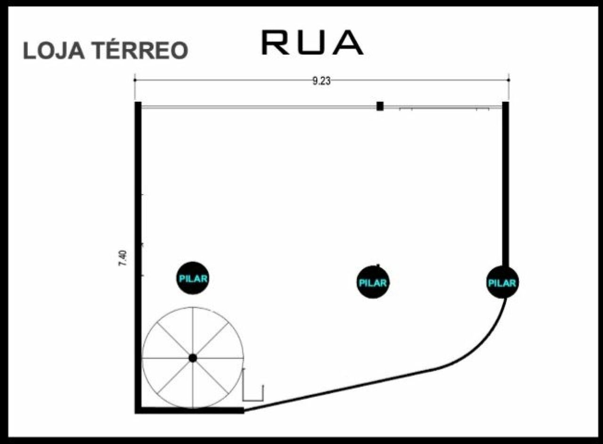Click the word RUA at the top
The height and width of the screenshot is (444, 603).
[x=312, y=42]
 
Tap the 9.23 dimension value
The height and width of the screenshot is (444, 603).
[x=321, y=81]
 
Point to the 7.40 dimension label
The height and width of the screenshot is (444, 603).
[x=123, y=259]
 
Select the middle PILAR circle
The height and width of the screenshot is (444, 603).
[x=373, y=282]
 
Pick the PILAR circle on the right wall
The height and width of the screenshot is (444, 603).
[x=502, y=282]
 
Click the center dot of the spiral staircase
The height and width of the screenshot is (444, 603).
[x=193, y=358]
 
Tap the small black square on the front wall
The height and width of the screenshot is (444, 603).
[x=380, y=106]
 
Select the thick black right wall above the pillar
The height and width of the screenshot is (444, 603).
[x=505, y=184]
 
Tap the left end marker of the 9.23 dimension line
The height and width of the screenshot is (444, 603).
[x=135, y=80]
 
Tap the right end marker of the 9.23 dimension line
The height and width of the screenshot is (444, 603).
[x=508, y=80]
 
